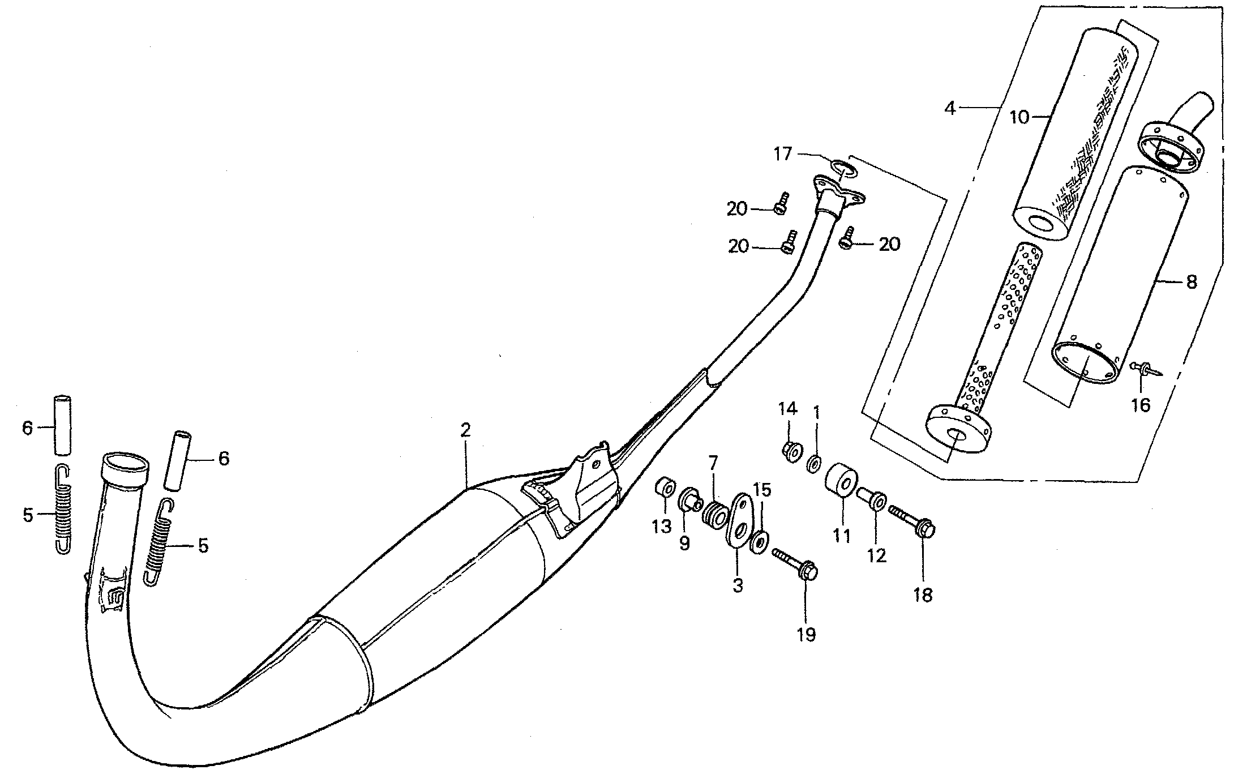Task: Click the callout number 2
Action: [465, 430]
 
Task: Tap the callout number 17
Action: [783, 154]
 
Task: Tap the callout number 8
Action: [1191, 281]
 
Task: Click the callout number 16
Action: [1141, 405]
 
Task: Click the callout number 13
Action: [661, 526]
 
